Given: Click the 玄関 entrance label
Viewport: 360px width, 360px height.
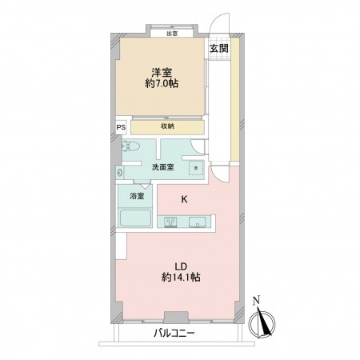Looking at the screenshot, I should click(x=218, y=48).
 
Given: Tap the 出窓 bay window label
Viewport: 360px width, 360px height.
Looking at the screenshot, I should click(x=171, y=34).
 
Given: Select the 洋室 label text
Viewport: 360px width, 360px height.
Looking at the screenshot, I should click(x=162, y=70).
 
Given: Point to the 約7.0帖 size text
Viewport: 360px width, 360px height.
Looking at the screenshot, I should click(x=162, y=84).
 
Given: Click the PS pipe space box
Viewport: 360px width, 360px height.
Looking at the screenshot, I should click(x=121, y=127).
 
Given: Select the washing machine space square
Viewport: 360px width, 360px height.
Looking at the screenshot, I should click(x=196, y=169).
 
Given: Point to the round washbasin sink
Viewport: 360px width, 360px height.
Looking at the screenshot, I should click(x=120, y=171).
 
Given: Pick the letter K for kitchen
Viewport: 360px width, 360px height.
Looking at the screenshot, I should click(x=183, y=199).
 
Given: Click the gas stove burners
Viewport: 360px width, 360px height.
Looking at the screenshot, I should click(x=170, y=222).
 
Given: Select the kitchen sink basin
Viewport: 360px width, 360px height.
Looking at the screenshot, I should click(x=197, y=222).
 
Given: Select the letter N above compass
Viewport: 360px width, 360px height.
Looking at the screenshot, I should click(x=256, y=301).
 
